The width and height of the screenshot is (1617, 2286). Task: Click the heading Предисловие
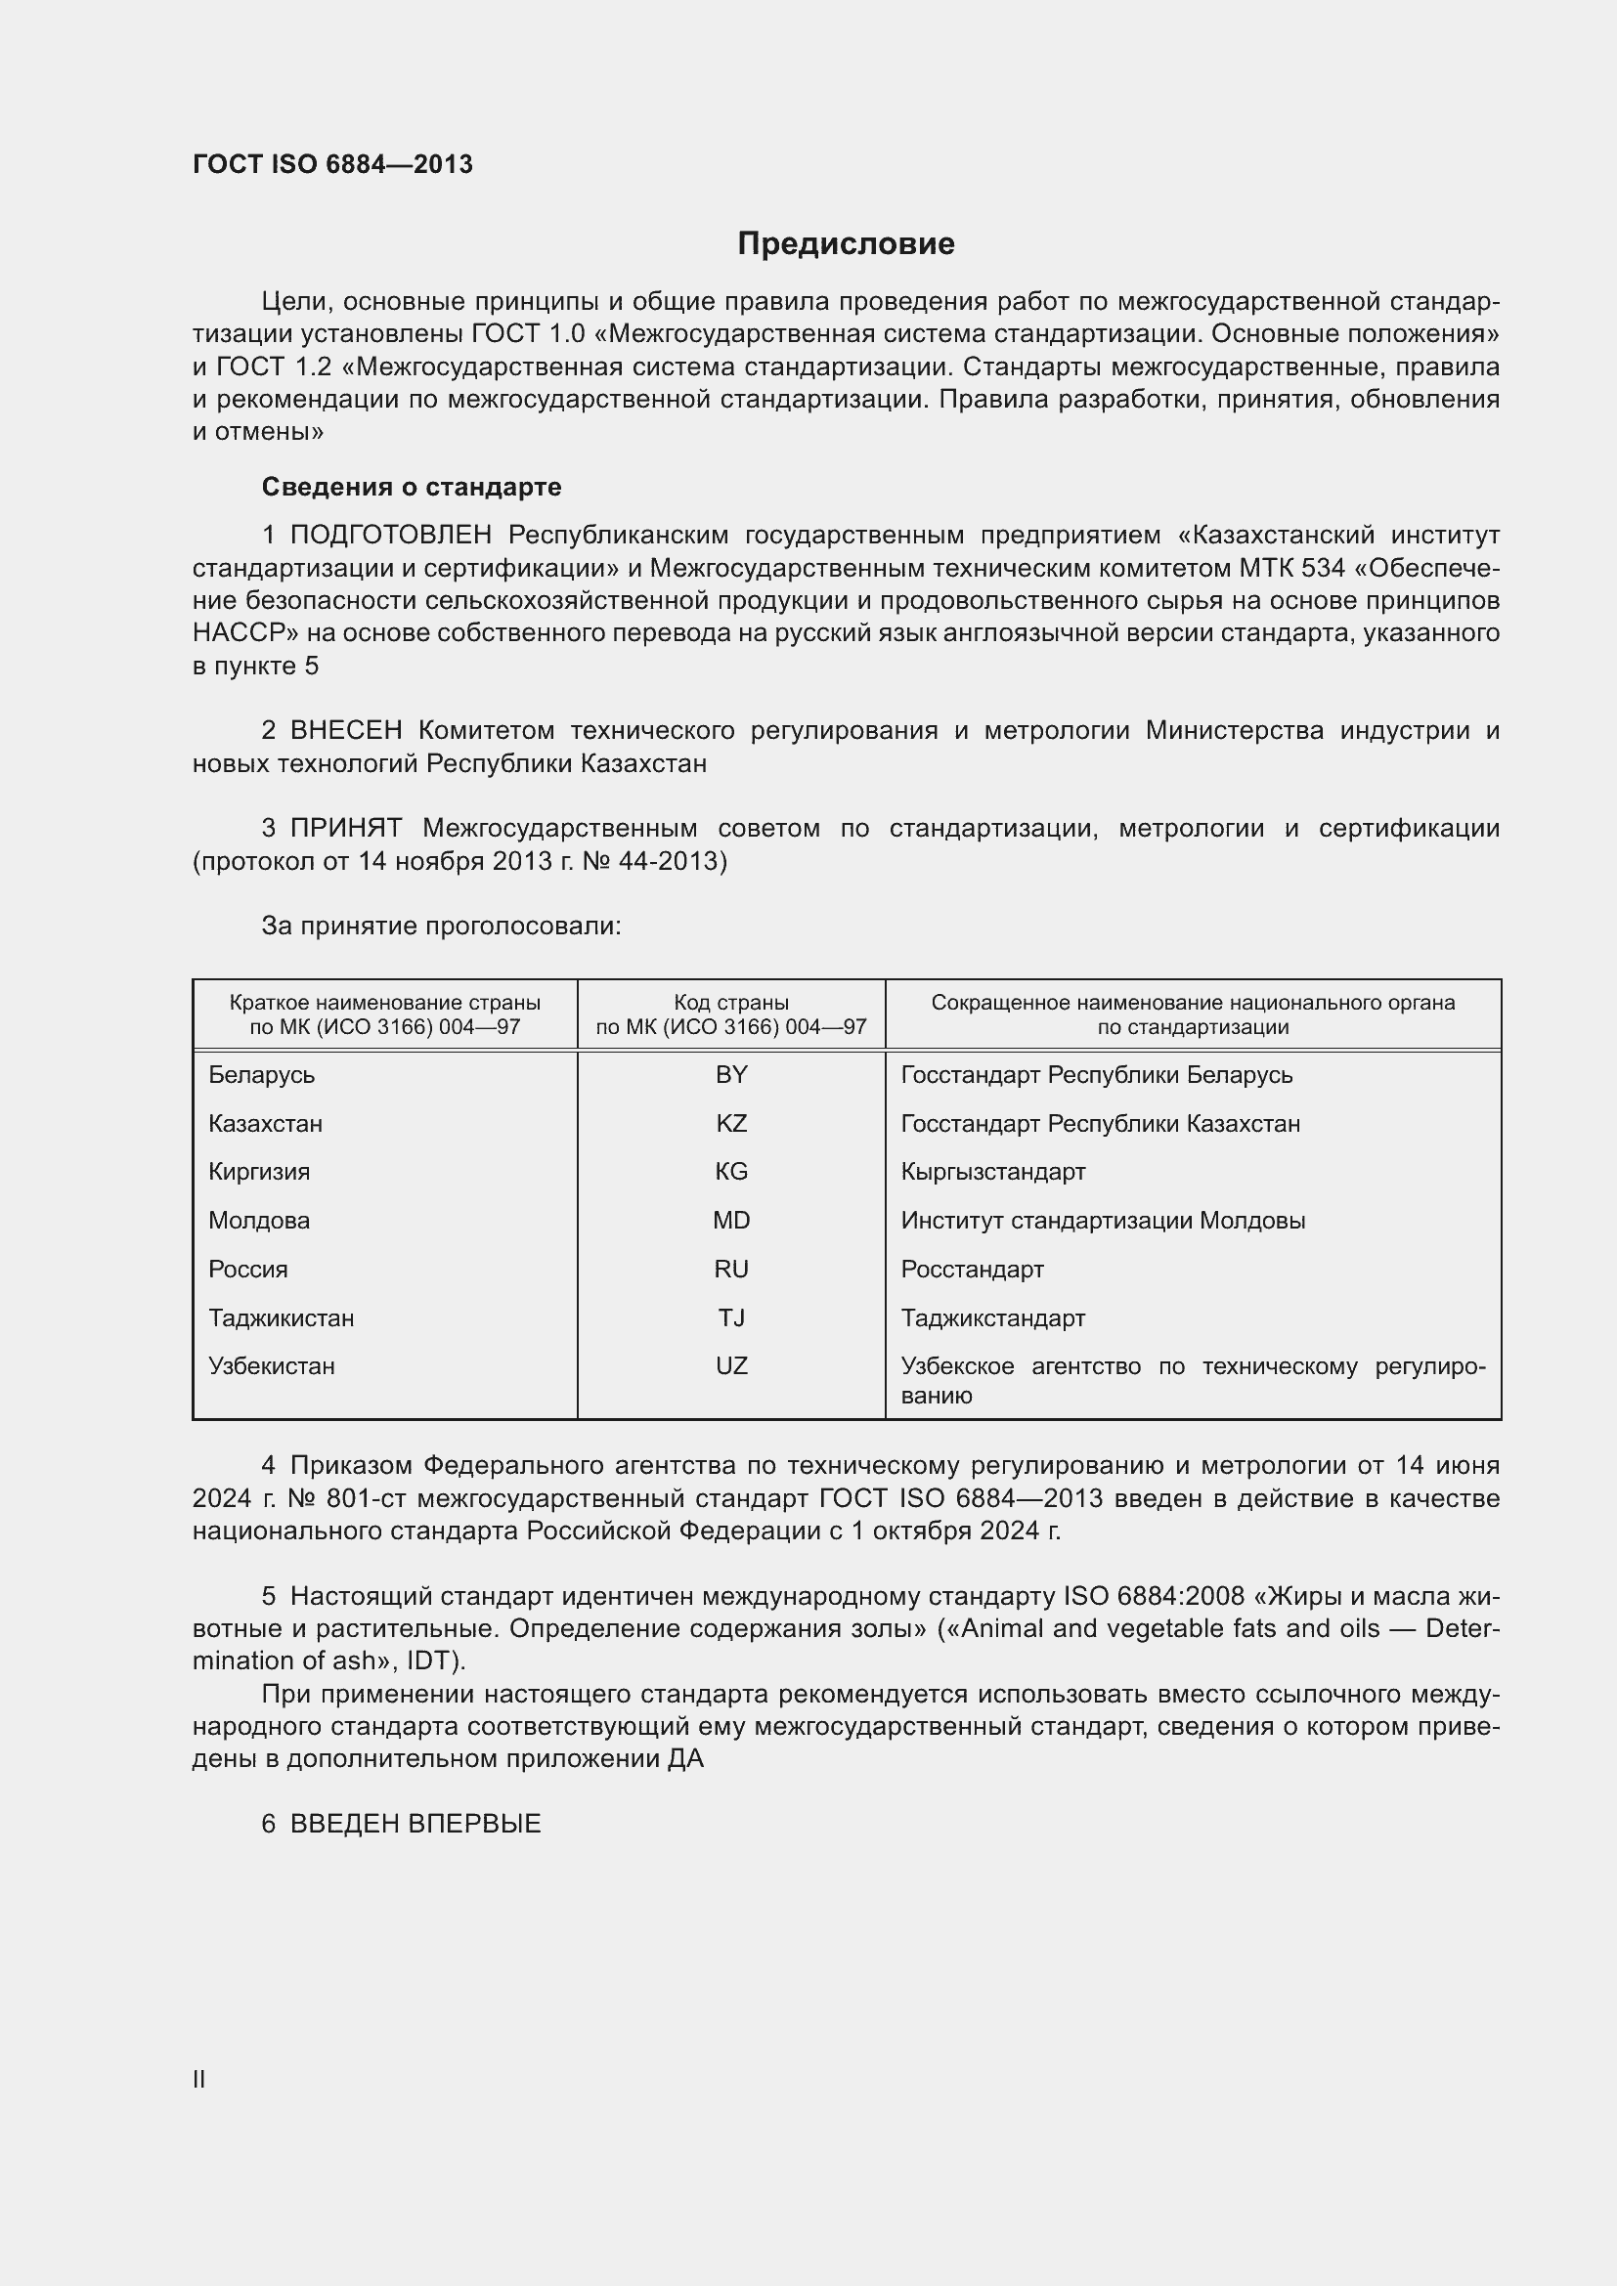[x=846, y=244]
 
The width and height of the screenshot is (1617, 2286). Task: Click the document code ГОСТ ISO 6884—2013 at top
[x=332, y=164]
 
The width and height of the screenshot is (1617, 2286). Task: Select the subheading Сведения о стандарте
[x=412, y=487]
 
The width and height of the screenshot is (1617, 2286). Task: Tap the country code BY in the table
[x=731, y=1075]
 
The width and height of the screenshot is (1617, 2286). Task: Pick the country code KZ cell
[x=731, y=1124]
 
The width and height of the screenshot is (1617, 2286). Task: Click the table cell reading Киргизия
[x=259, y=1172]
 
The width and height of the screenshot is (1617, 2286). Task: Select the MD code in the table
[x=731, y=1221]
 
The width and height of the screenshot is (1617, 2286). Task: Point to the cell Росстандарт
[x=972, y=1270]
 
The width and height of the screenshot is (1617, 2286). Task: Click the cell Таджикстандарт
[x=992, y=1318]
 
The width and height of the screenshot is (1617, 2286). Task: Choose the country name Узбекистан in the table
[x=272, y=1366]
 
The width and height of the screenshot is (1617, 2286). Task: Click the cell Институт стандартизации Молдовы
[x=1102, y=1221]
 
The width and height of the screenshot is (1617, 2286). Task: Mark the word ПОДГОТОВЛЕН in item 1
[x=390, y=536]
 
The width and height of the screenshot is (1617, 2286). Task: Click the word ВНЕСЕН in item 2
[x=345, y=731]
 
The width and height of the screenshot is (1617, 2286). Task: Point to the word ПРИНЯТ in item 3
[x=345, y=829]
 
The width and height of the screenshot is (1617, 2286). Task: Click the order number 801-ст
[x=368, y=1498]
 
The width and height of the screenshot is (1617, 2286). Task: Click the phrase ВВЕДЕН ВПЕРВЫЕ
[x=415, y=1824]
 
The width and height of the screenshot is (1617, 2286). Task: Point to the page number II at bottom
[x=199, y=2080]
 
